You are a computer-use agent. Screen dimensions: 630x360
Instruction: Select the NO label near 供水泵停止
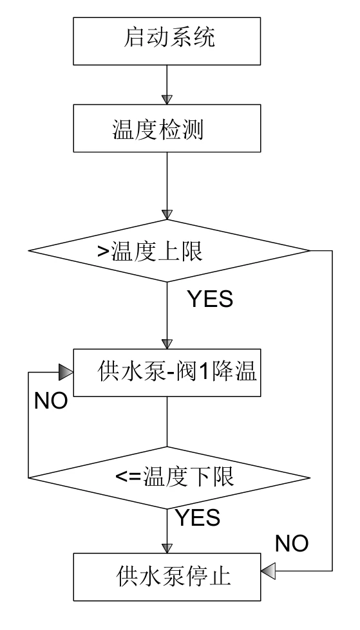coord(291,543)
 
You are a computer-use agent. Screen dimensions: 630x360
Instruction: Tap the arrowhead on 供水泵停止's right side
coord(268,570)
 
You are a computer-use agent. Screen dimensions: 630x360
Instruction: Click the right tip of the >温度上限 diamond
coord(310,250)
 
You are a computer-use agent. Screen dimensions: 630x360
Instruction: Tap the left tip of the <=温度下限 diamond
coord(28,477)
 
